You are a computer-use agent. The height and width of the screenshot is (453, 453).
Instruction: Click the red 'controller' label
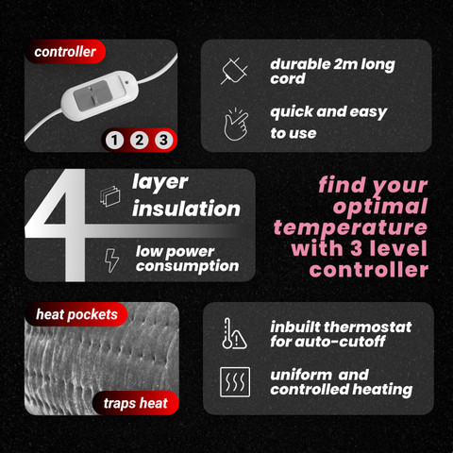(65, 52)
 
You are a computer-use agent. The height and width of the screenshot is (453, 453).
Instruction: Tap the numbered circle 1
(114, 140)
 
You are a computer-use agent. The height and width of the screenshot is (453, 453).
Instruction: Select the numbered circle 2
(139, 140)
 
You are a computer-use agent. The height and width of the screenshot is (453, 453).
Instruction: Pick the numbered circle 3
(163, 140)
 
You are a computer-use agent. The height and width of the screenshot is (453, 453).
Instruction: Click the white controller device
(99, 95)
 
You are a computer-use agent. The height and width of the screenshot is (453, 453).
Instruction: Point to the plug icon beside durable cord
(234, 71)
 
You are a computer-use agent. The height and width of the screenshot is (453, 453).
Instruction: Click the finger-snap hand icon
(236, 125)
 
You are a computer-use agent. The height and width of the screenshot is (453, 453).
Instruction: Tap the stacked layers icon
(110, 196)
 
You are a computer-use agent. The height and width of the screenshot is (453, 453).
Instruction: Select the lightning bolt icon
(111, 260)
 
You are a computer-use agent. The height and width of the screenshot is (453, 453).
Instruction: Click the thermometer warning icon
(234, 333)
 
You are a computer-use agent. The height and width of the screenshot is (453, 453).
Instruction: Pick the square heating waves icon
(235, 382)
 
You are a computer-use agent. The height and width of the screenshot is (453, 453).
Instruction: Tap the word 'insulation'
(186, 209)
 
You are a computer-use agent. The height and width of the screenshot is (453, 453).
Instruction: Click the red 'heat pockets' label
(76, 314)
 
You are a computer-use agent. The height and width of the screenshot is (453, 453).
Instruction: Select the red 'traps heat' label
(136, 403)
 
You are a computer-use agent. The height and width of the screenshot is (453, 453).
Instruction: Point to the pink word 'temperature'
(350, 228)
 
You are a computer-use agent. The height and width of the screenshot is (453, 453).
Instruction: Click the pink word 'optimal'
(380, 207)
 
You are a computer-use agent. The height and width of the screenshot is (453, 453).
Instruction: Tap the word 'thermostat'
(368, 327)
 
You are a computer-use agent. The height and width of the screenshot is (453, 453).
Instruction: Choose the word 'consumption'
(188, 266)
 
